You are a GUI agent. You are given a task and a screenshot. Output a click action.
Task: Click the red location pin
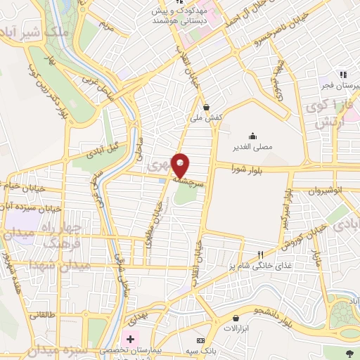click(181, 165)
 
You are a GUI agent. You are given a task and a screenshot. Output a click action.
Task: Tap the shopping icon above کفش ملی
click(206, 108)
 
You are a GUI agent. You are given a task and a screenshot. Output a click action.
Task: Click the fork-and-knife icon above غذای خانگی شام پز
click(260, 255)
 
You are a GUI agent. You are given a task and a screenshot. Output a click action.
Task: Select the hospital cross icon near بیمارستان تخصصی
click(130, 338)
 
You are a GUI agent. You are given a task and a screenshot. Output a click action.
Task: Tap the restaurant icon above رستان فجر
click(342, 74)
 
